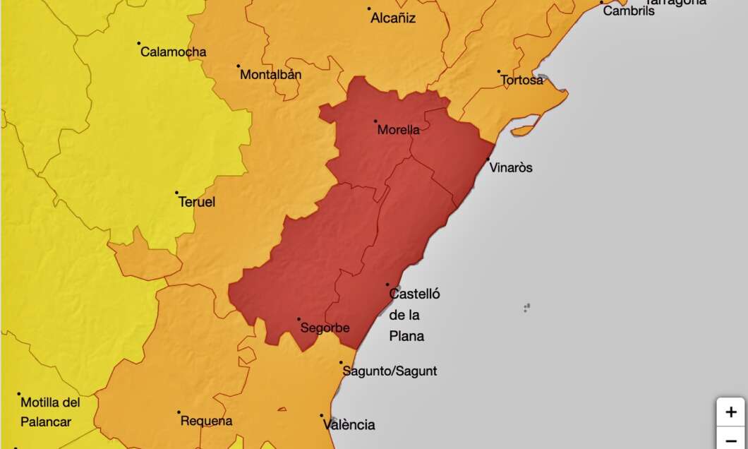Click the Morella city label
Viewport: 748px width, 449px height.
(399, 130)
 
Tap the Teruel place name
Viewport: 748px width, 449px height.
(197, 202)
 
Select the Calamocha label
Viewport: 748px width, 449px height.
(174, 52)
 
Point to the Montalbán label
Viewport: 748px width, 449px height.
(271, 74)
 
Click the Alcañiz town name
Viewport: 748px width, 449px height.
(393, 18)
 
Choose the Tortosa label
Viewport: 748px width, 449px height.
(522, 80)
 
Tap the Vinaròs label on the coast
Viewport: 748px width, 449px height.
(511, 168)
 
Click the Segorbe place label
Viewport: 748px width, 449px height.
(325, 328)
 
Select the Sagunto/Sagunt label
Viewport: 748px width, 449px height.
(390, 371)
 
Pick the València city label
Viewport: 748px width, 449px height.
(349, 425)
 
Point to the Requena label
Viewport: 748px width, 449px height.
(207, 421)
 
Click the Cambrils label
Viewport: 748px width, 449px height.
(629, 11)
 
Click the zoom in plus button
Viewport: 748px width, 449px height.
(731, 412)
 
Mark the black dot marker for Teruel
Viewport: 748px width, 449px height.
(176, 192)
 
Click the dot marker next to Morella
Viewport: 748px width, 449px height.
(375, 121)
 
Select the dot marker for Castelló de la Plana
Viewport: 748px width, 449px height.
(387, 285)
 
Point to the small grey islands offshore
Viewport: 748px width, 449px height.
(526, 307)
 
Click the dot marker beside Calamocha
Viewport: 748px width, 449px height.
(139, 43)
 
